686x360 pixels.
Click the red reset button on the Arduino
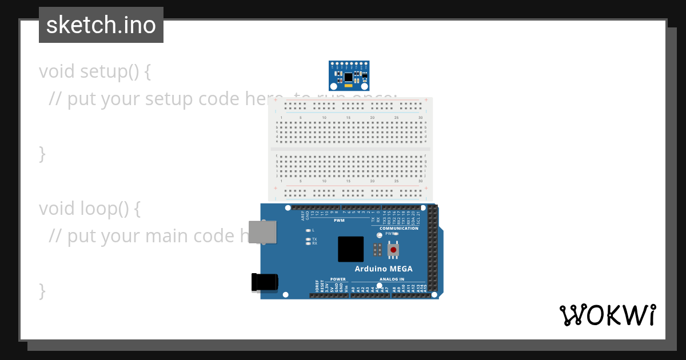(393, 250)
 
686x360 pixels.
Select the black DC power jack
(265, 282)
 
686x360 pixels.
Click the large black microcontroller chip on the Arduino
(350, 249)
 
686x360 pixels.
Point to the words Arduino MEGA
(383, 269)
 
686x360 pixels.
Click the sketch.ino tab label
(101, 25)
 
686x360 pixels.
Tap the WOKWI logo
(608, 315)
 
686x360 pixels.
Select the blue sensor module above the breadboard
(349, 75)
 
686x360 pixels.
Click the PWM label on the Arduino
(339, 220)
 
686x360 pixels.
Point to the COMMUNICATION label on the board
(398, 228)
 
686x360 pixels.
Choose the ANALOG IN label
(391, 279)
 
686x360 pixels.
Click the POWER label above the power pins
(337, 279)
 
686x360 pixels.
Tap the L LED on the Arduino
(308, 230)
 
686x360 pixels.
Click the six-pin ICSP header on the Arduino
(377, 250)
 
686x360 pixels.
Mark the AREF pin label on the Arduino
(303, 215)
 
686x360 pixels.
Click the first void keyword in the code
(57, 71)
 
